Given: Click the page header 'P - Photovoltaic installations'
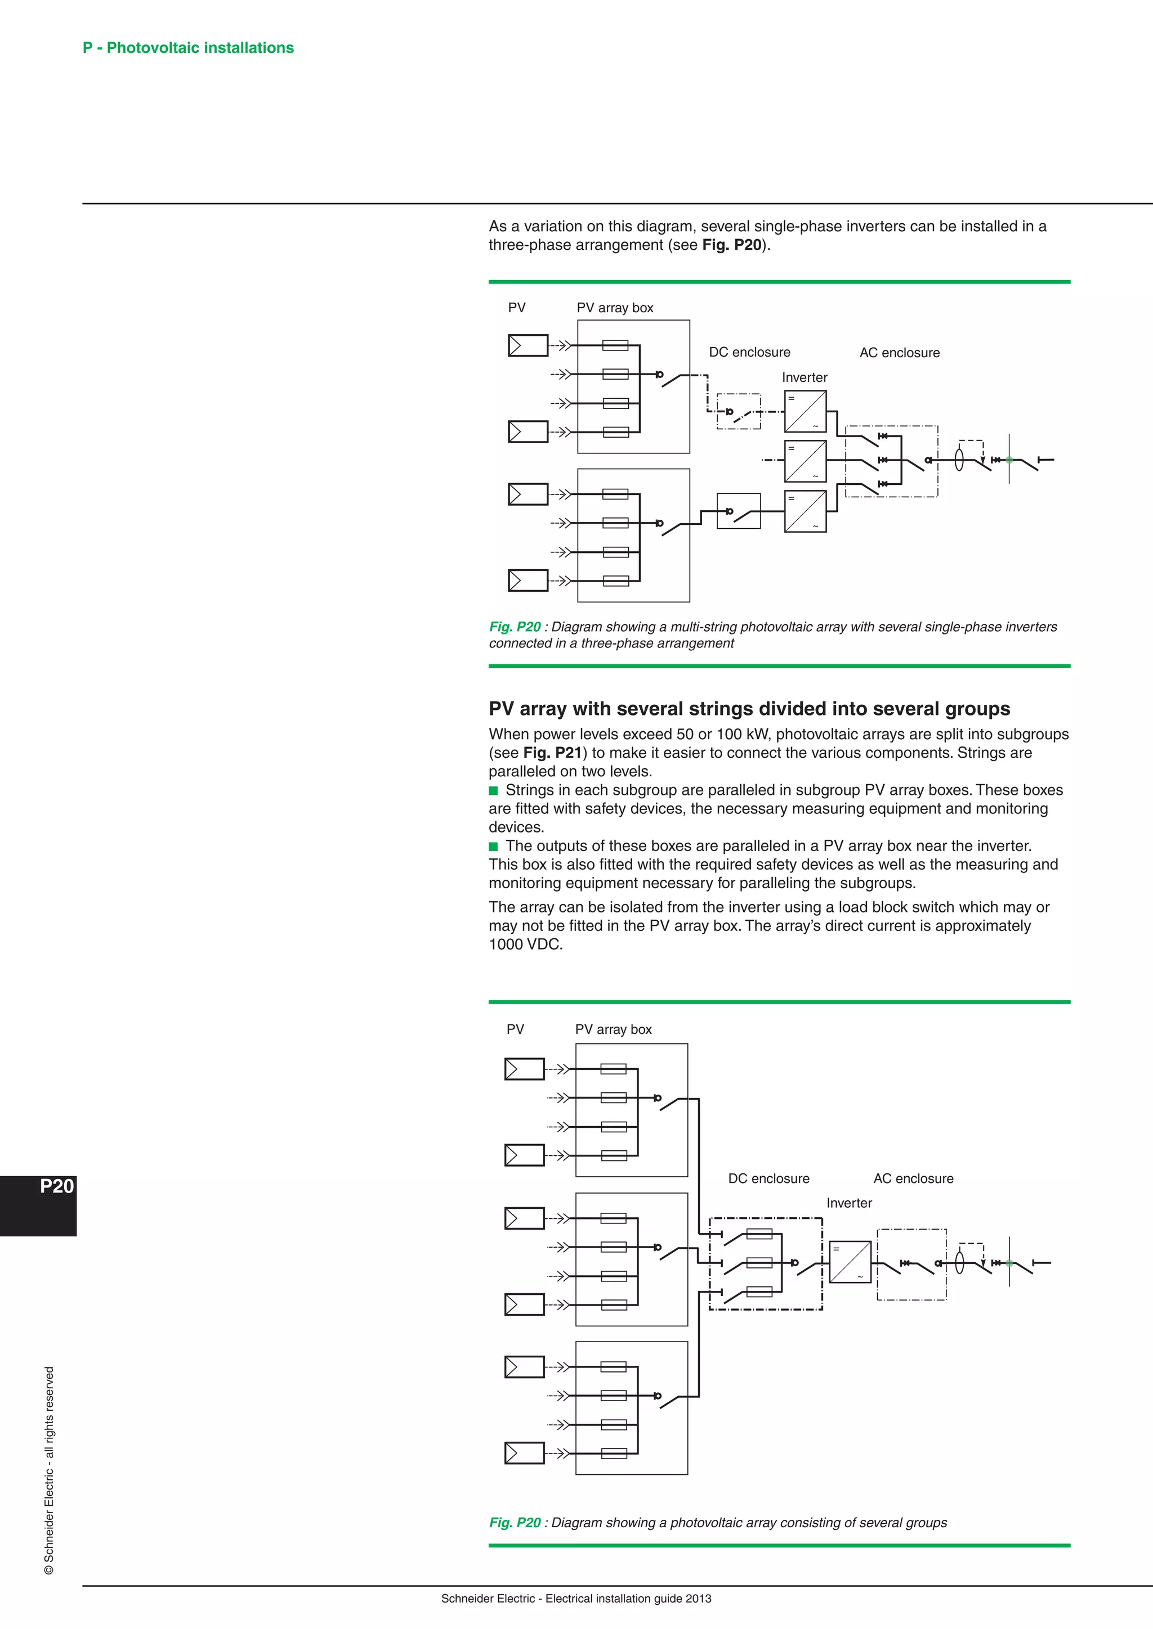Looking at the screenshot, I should pyautogui.click(x=188, y=48).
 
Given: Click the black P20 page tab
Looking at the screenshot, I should pyautogui.click(x=38, y=1205).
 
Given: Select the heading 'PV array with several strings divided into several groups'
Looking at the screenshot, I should pyautogui.click(x=749, y=709).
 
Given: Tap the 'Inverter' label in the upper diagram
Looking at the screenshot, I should pyautogui.click(x=805, y=377).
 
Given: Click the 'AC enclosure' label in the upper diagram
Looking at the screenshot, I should pyautogui.click(x=899, y=353).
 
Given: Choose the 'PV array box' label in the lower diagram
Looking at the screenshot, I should pyautogui.click(x=613, y=1029).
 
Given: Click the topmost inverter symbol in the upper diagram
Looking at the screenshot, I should pyautogui.click(x=805, y=412).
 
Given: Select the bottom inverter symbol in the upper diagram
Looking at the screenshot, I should pyautogui.click(x=805, y=511).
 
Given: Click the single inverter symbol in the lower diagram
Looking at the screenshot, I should pyautogui.click(x=850, y=1262).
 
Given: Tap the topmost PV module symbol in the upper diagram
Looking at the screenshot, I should pyautogui.click(x=528, y=345).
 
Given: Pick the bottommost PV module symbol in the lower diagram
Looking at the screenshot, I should pyautogui.click(x=524, y=1453).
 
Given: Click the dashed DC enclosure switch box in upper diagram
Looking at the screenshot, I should pyautogui.click(x=739, y=412).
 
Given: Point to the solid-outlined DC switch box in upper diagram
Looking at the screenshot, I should pyautogui.click(x=739, y=511).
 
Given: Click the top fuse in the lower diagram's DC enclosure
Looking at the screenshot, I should pyautogui.click(x=759, y=1234).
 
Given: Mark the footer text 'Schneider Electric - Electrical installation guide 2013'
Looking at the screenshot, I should pyautogui.click(x=576, y=1599).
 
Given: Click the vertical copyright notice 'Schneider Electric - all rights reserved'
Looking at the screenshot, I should pyautogui.click(x=49, y=1470).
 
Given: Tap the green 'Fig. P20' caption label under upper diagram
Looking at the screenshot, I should pyautogui.click(x=515, y=627).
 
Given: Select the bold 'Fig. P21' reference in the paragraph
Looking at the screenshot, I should pyautogui.click(x=552, y=753).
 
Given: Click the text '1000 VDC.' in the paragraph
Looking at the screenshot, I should pyautogui.click(x=525, y=944).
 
